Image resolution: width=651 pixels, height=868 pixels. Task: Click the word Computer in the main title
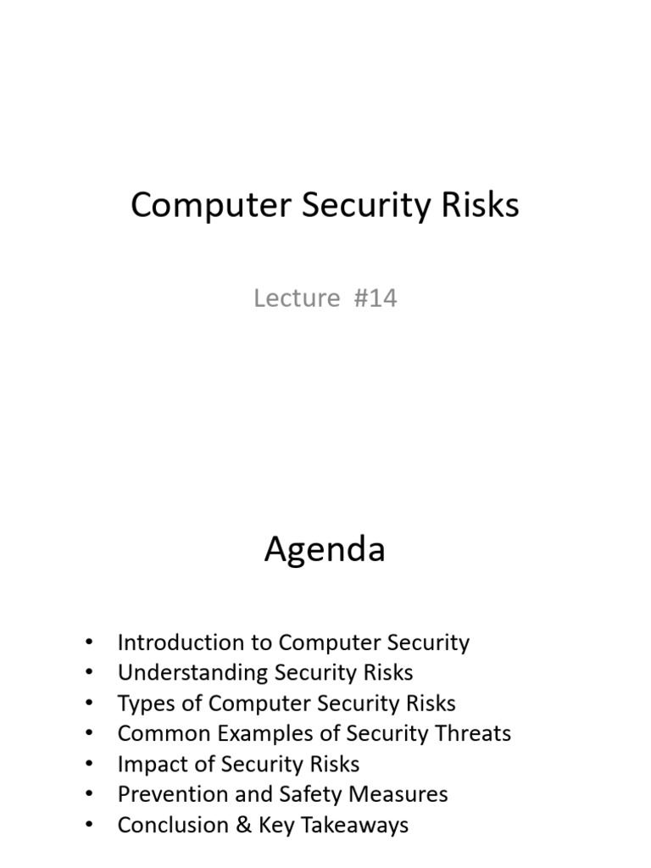click(x=210, y=205)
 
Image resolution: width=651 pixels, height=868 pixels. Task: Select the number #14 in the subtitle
click(x=376, y=298)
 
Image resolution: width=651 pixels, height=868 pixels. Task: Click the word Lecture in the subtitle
click(x=297, y=298)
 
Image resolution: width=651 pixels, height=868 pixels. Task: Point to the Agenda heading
click(x=325, y=549)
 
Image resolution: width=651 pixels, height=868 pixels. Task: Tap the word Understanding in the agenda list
click(x=192, y=673)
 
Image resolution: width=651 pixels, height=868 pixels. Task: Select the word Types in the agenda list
click(x=146, y=704)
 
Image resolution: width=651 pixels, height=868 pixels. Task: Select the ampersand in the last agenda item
click(x=243, y=824)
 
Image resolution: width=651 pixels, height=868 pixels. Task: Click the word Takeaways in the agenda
click(x=355, y=826)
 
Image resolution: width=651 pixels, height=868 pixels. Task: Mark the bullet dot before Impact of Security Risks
click(x=89, y=764)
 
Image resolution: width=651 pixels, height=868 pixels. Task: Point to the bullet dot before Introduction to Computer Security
click(x=89, y=643)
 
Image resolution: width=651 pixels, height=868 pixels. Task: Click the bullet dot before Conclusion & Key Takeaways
click(x=89, y=825)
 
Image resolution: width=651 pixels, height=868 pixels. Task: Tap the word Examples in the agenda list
click(x=264, y=734)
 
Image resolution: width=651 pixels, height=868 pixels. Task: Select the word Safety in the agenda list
click(x=310, y=795)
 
